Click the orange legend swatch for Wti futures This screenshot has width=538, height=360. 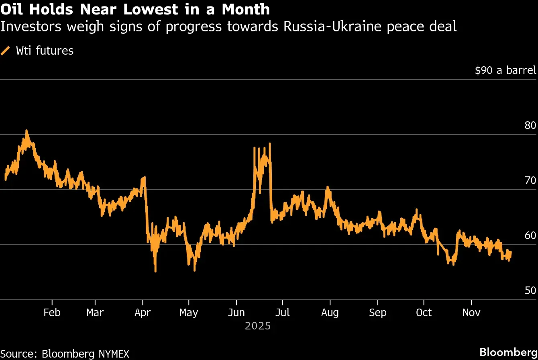(6, 51)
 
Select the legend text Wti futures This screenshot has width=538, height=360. (45, 51)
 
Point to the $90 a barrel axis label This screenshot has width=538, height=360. (505, 70)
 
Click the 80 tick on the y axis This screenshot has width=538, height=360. (530, 125)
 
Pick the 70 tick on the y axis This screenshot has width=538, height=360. (530, 180)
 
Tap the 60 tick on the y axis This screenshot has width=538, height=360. (530, 235)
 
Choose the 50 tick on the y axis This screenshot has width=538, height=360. (530, 290)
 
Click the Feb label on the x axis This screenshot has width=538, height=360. (52, 313)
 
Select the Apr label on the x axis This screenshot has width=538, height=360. (143, 313)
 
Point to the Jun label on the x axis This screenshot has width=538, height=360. (236, 313)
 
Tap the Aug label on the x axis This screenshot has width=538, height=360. (330, 313)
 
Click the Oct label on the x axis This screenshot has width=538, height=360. (424, 313)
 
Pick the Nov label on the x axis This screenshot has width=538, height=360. (471, 313)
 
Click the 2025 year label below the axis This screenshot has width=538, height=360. (258, 325)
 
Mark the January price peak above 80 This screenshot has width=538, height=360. (26, 131)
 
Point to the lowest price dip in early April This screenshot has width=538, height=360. (155, 271)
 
